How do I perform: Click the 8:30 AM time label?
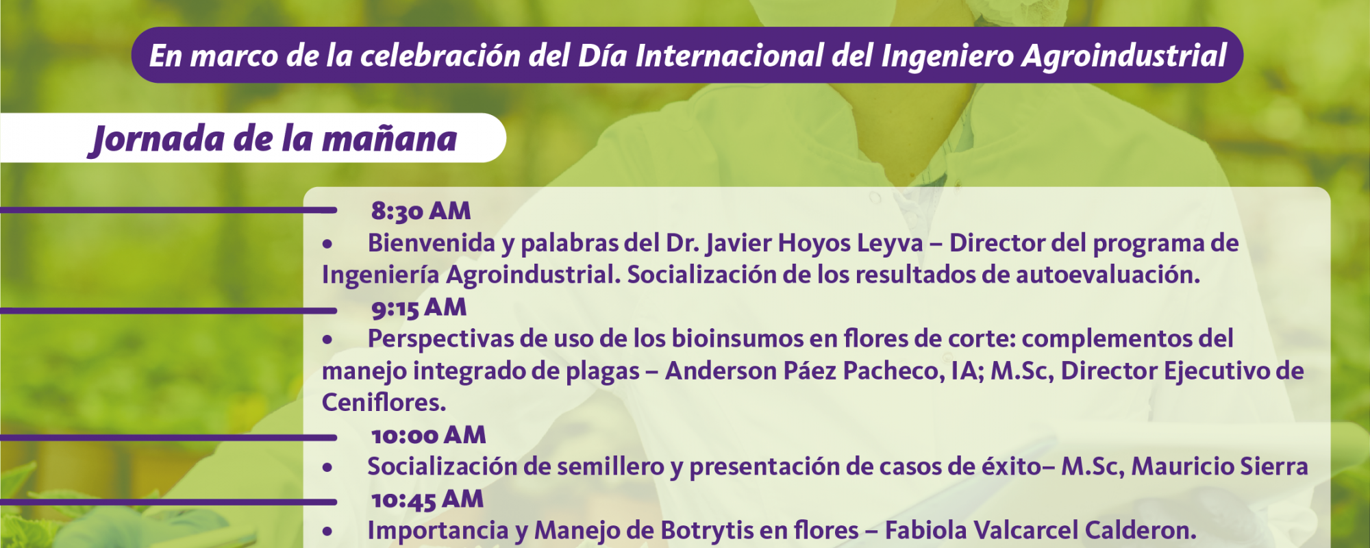pyautogui.click(x=421, y=211)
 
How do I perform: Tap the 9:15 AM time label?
pyautogui.click(x=419, y=308)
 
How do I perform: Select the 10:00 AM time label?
pyautogui.click(x=428, y=435)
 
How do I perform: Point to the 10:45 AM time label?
pyautogui.click(x=427, y=499)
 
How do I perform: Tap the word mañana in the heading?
pyautogui.click(x=389, y=139)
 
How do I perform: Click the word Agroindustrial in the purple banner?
pyautogui.click(x=1123, y=56)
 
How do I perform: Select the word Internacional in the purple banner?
pyautogui.click(x=729, y=55)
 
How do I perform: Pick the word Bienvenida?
pyautogui.click(x=431, y=243)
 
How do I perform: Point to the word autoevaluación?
pyautogui.click(x=1108, y=275)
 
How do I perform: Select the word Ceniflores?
pyautogui.click(x=384, y=403)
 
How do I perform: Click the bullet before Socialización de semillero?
pyautogui.click(x=327, y=468)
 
